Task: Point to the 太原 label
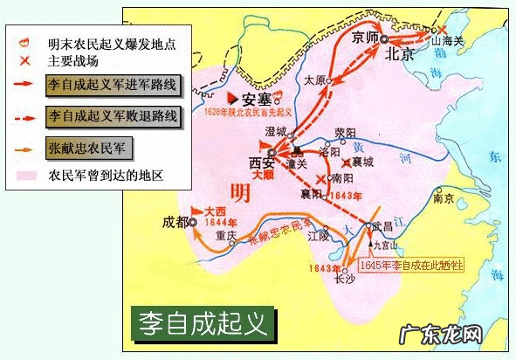315,80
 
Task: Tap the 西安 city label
261,163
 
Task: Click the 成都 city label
175,222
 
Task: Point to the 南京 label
444,198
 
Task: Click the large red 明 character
237,192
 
